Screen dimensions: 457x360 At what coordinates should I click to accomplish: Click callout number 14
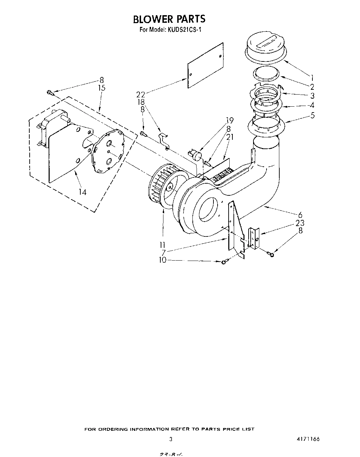click(x=82, y=192)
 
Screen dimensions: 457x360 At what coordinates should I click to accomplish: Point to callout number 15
click(x=102, y=88)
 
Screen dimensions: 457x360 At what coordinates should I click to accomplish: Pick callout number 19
click(x=230, y=120)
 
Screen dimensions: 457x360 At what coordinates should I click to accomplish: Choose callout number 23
click(x=300, y=223)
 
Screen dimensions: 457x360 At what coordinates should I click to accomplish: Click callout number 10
click(x=162, y=260)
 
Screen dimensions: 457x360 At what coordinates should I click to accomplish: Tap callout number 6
click(x=300, y=214)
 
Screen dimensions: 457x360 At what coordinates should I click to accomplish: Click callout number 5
click(x=312, y=115)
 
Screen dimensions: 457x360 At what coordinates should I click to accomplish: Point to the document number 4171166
click(x=307, y=439)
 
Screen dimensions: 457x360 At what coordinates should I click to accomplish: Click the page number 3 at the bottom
click(x=170, y=439)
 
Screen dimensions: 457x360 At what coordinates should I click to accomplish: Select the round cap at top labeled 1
click(x=266, y=48)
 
